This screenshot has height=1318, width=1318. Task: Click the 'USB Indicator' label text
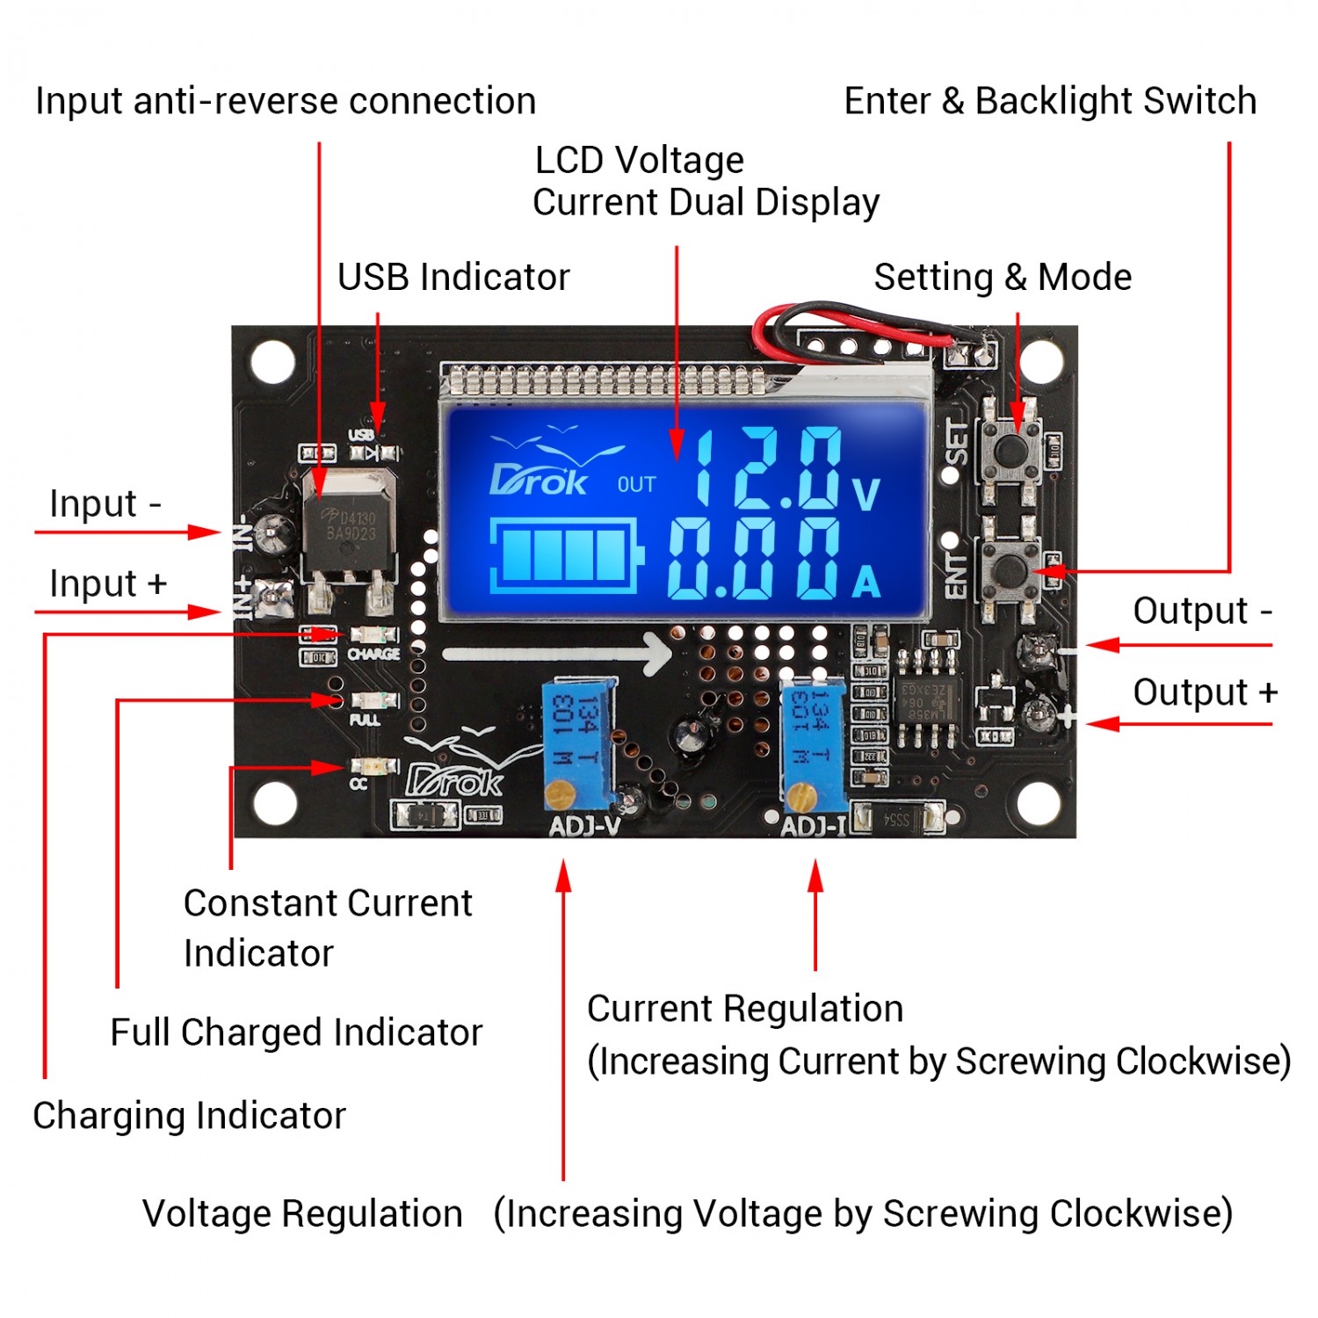coord(453,277)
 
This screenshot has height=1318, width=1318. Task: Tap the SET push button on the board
coord(1011,450)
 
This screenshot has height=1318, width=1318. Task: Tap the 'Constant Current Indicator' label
coord(327,928)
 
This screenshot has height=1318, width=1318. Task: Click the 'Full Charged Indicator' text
coord(296,1032)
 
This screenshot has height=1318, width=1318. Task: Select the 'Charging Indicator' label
coord(189,1116)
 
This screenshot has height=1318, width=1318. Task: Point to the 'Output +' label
coord(1204,692)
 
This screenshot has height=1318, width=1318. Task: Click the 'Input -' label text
coord(105,504)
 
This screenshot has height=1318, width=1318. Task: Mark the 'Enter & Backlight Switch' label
coord(1050,101)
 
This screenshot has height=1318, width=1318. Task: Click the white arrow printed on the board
coord(557,653)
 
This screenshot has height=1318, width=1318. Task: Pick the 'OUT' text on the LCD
coord(636,485)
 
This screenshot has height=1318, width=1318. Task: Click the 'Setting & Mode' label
coord(1003,277)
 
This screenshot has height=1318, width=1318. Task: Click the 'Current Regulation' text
coord(745,1009)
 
